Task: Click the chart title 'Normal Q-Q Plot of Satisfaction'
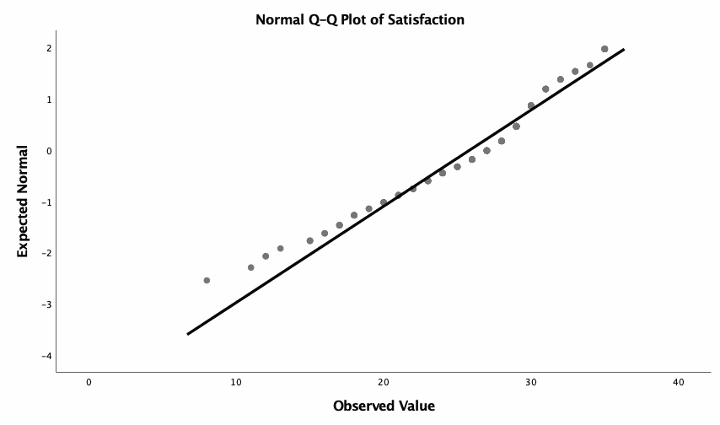click(x=360, y=19)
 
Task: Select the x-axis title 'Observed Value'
click(x=384, y=406)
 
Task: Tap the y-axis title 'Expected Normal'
click(x=24, y=202)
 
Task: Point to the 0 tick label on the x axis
click(x=89, y=382)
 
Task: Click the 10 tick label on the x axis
click(x=236, y=382)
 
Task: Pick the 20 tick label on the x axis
click(x=384, y=382)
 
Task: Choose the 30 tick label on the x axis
click(x=531, y=382)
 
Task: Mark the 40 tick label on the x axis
click(x=679, y=382)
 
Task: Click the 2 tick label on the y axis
click(x=50, y=48)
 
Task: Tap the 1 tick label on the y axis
click(x=50, y=100)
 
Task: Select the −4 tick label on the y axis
click(x=47, y=356)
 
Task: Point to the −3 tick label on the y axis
click(x=47, y=304)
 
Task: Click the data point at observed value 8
click(x=207, y=280)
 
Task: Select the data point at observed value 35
click(x=604, y=49)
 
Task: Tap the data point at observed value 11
click(x=250, y=267)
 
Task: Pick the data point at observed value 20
click(x=384, y=202)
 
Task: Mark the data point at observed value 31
click(x=545, y=89)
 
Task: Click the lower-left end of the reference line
click(x=188, y=333)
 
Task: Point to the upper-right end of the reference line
click(x=623, y=50)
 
